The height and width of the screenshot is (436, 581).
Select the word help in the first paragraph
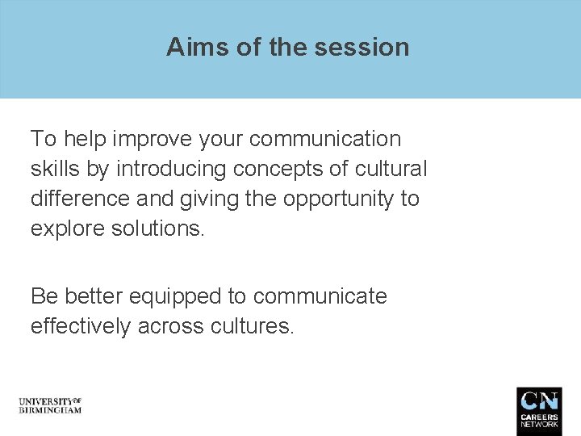pyautogui.click(x=85, y=139)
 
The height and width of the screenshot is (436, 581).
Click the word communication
pyautogui.click(x=324, y=139)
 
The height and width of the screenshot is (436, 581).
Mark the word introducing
pyautogui.click(x=172, y=169)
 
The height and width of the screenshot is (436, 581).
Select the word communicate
pyautogui.click(x=320, y=296)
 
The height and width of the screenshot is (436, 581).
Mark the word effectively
pyautogui.click(x=80, y=326)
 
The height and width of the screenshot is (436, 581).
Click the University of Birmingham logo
pyautogui.click(x=50, y=405)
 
